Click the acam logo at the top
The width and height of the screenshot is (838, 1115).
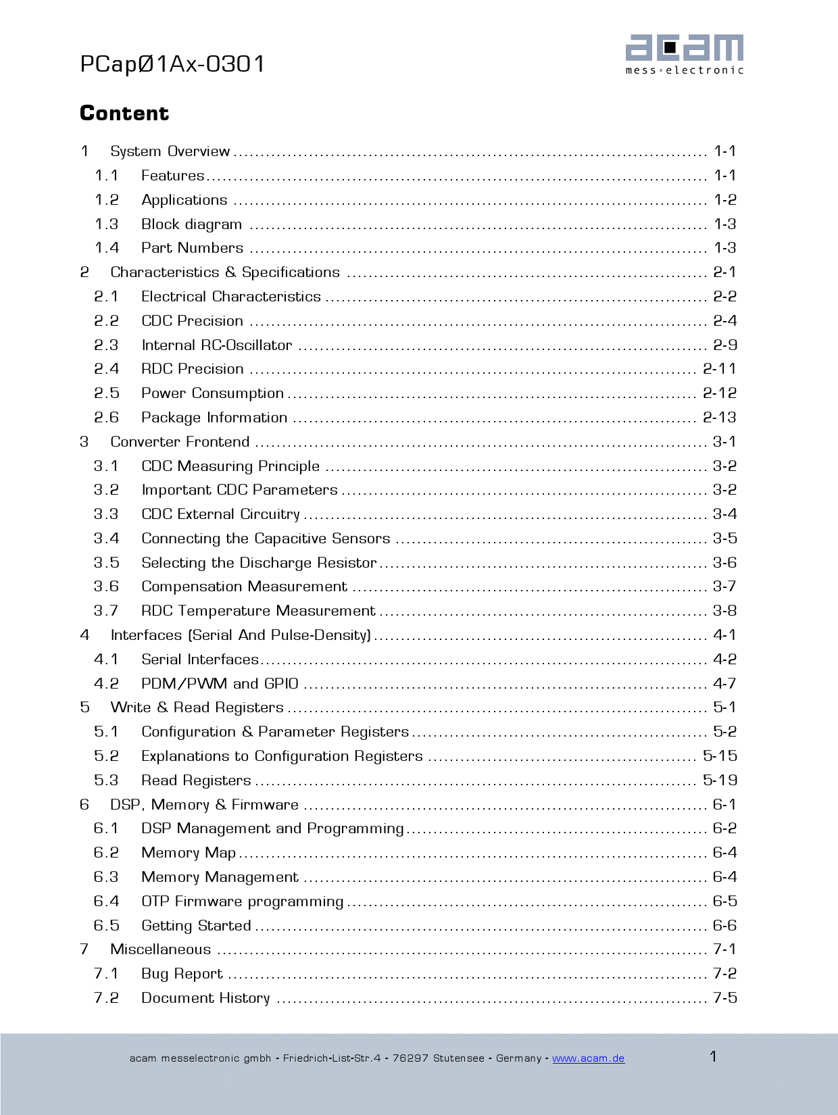click(684, 54)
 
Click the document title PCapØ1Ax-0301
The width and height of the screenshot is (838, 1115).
click(172, 64)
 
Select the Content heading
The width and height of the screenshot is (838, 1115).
click(124, 113)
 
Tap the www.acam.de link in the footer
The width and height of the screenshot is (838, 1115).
click(588, 1058)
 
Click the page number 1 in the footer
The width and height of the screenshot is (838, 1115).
click(713, 1056)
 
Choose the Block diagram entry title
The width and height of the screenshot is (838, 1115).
click(191, 224)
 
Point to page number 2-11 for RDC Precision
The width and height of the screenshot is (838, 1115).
click(719, 369)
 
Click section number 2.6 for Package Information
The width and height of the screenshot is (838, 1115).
click(106, 418)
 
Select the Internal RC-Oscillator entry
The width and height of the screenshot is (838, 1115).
click(216, 345)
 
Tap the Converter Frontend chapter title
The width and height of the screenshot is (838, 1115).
click(180, 442)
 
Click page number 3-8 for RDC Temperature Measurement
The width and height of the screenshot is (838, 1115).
click(724, 611)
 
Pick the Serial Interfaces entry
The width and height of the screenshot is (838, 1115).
click(199, 660)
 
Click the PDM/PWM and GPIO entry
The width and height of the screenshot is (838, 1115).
click(220, 684)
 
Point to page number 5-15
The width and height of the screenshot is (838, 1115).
click(719, 756)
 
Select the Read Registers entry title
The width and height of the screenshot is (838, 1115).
click(196, 780)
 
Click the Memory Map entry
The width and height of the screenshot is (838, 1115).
click(189, 853)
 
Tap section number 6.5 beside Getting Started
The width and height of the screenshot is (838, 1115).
click(106, 926)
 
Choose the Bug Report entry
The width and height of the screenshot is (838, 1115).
click(182, 974)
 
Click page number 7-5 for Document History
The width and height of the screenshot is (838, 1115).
click(724, 998)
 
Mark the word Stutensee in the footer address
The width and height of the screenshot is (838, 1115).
click(459, 1058)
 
